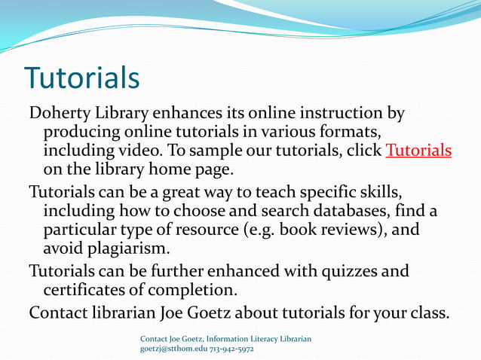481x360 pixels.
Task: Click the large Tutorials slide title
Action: [81, 78]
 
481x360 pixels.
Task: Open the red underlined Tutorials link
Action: [418, 150]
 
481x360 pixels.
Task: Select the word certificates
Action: [87, 289]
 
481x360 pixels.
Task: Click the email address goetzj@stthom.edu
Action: [179, 350]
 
